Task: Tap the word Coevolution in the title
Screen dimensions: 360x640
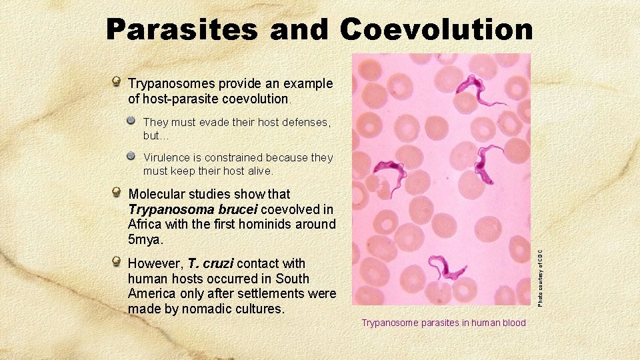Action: tap(437, 29)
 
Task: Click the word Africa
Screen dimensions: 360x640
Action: tap(145, 224)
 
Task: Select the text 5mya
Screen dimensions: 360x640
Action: tap(145, 239)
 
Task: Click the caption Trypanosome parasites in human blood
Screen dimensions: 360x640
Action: tap(443, 323)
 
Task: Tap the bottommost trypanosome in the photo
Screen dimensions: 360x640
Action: tap(445, 267)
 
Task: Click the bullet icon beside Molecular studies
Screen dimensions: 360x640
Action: tap(117, 194)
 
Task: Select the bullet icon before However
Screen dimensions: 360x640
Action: tap(117, 263)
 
